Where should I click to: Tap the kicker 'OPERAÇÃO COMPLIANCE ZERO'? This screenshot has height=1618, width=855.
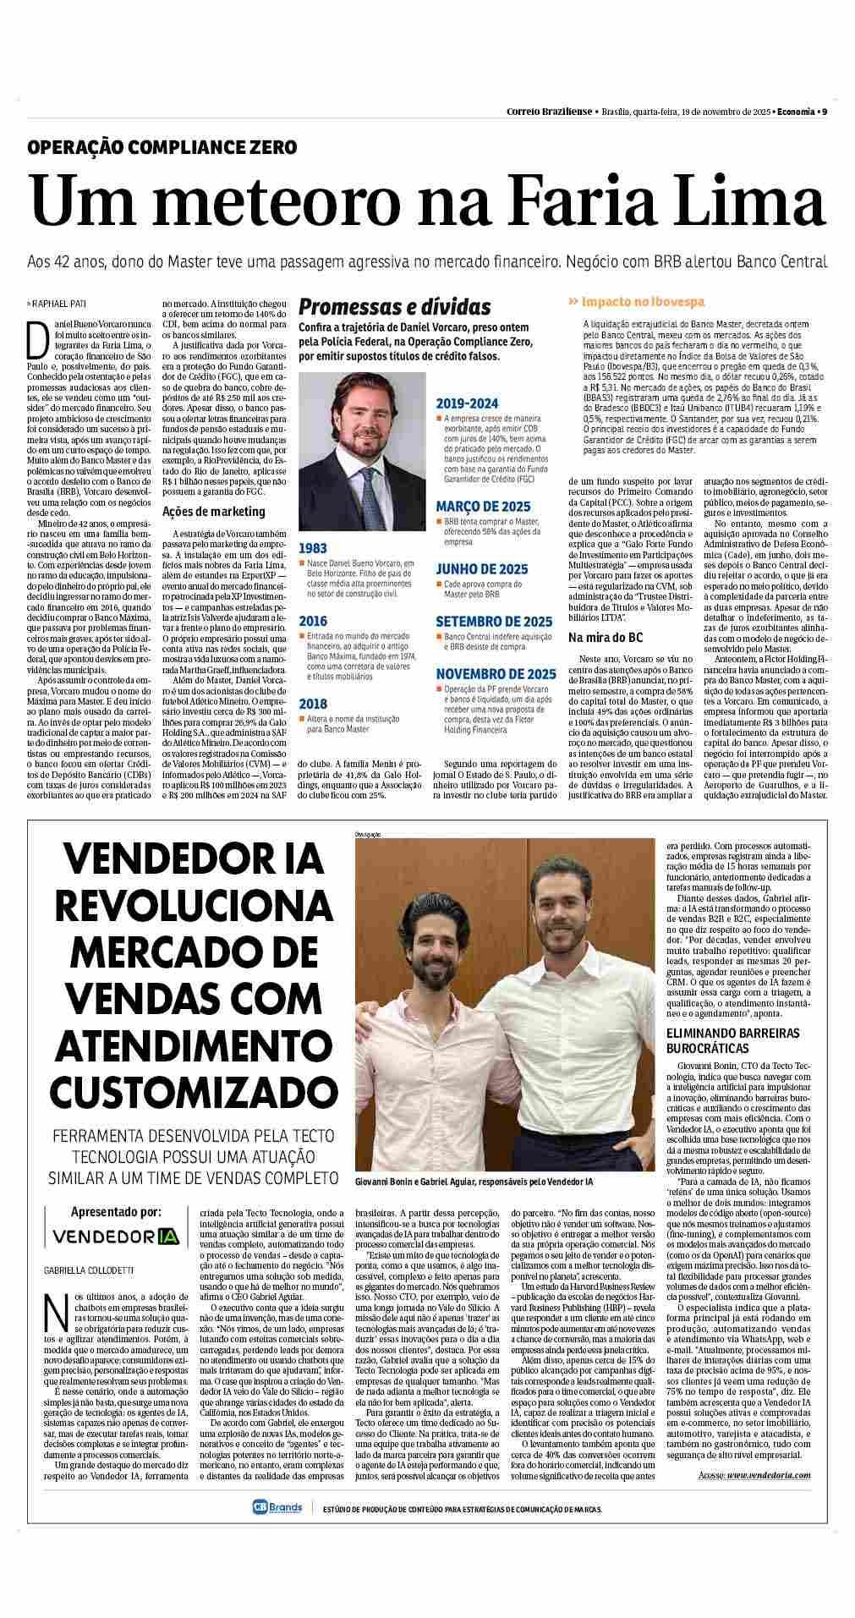tap(162, 147)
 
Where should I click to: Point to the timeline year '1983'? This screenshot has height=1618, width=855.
tap(312, 548)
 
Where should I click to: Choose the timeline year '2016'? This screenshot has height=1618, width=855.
tap(312, 621)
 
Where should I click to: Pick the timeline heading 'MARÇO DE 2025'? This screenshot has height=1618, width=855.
tap(483, 507)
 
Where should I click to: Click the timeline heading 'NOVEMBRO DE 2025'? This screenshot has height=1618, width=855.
tap(496, 673)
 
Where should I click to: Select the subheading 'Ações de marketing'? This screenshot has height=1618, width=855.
tap(213, 511)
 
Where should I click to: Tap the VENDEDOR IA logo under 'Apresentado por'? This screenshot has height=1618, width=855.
tap(117, 1236)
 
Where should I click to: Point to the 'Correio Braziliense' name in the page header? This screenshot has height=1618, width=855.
tap(551, 111)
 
